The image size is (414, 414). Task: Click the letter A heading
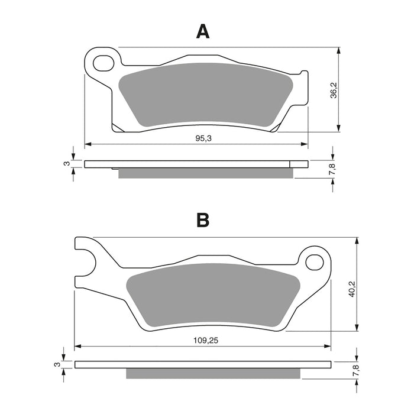(203, 31)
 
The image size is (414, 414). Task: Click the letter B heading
(203, 221)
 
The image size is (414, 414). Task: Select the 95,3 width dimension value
(203, 138)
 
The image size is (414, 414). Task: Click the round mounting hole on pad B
(315, 260)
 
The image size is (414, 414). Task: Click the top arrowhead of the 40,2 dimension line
(357, 241)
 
